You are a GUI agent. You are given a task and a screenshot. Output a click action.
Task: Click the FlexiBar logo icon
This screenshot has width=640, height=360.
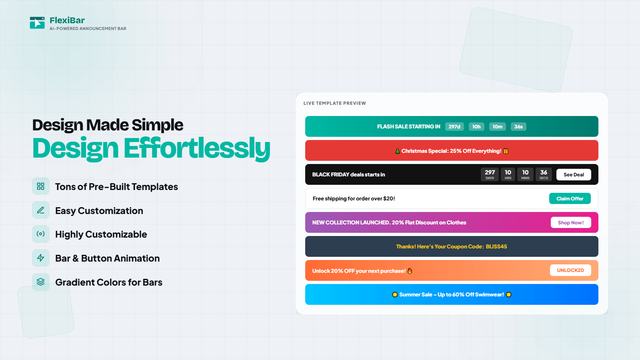pyautogui.click(x=37, y=23)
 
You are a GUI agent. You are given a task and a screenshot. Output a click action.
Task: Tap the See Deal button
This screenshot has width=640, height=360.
pyautogui.click(x=574, y=174)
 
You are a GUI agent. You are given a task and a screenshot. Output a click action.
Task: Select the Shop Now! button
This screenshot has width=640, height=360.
pyautogui.click(x=570, y=222)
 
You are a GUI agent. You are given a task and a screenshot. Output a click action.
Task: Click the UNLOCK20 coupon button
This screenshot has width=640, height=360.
pyautogui.click(x=570, y=270)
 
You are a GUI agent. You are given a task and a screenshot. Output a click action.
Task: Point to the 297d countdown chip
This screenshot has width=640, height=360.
pyautogui.click(x=454, y=126)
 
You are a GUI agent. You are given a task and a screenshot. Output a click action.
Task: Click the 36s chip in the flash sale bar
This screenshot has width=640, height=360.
pyautogui.click(x=518, y=126)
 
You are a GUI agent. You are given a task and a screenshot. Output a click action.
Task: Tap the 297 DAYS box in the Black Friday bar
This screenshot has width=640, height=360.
pyautogui.click(x=490, y=174)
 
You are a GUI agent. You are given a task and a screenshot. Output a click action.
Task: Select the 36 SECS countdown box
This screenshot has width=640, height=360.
pyautogui.click(x=544, y=174)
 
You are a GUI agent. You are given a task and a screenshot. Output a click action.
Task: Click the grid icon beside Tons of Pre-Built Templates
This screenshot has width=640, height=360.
pyautogui.click(x=40, y=186)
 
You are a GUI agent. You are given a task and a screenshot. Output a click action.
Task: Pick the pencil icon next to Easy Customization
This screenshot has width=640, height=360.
pyautogui.click(x=40, y=210)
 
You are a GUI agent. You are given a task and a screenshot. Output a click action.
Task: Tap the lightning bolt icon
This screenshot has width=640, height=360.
pyautogui.click(x=40, y=258)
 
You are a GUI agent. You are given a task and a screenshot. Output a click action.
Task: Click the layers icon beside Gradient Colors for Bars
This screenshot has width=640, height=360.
pyautogui.click(x=40, y=282)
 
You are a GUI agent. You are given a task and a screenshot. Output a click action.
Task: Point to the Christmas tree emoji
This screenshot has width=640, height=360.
pyautogui.click(x=398, y=151)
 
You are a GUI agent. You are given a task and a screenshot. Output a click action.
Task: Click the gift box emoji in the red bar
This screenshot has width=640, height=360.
pyautogui.click(x=506, y=151)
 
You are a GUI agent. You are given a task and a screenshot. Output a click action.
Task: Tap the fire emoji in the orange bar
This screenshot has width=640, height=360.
pyautogui.click(x=410, y=271)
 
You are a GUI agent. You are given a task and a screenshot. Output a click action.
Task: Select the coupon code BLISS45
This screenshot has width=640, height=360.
pyautogui.click(x=496, y=246)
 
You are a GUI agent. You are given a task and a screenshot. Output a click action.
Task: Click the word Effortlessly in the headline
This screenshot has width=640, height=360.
pyautogui.click(x=197, y=148)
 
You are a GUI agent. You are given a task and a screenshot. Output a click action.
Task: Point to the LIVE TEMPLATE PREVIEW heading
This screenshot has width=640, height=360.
pyautogui.click(x=334, y=103)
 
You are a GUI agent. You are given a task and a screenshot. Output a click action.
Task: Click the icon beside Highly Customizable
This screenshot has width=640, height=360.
pyautogui.click(x=40, y=234)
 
